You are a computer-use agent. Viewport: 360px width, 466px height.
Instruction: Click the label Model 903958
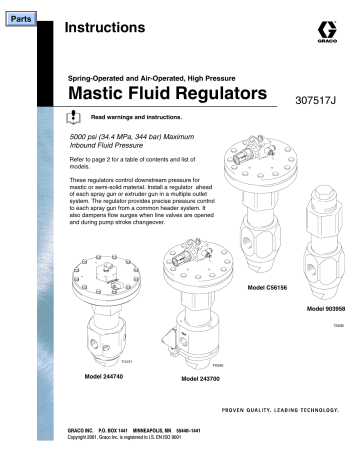(319, 308)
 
